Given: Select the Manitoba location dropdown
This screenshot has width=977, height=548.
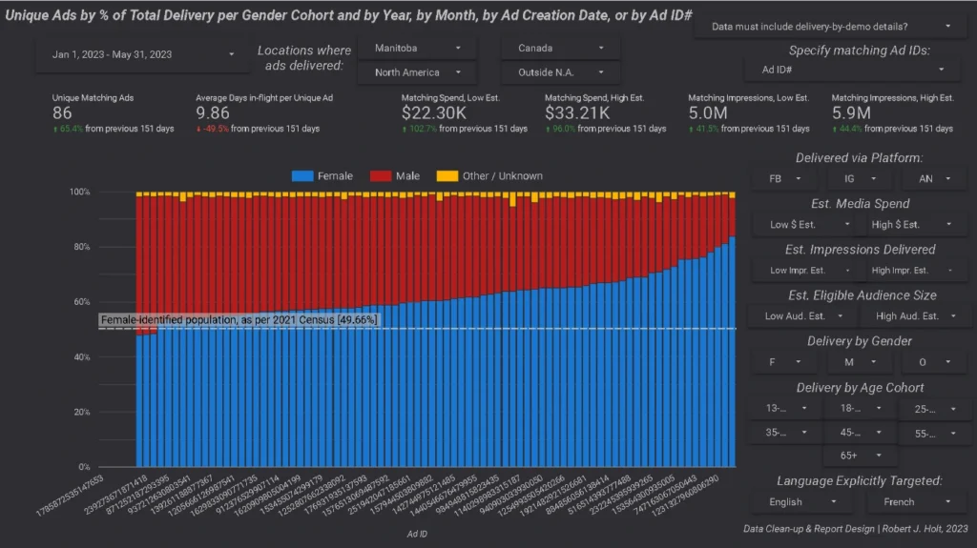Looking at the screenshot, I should coord(417,48).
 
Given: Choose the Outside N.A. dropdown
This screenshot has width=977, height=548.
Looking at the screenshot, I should coord(560,72).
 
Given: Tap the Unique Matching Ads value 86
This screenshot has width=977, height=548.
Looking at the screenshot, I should coord(63,113).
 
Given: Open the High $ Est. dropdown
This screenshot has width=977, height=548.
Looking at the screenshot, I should coord(911,224).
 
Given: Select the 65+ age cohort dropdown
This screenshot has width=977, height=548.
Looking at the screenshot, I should coord(859,456).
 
